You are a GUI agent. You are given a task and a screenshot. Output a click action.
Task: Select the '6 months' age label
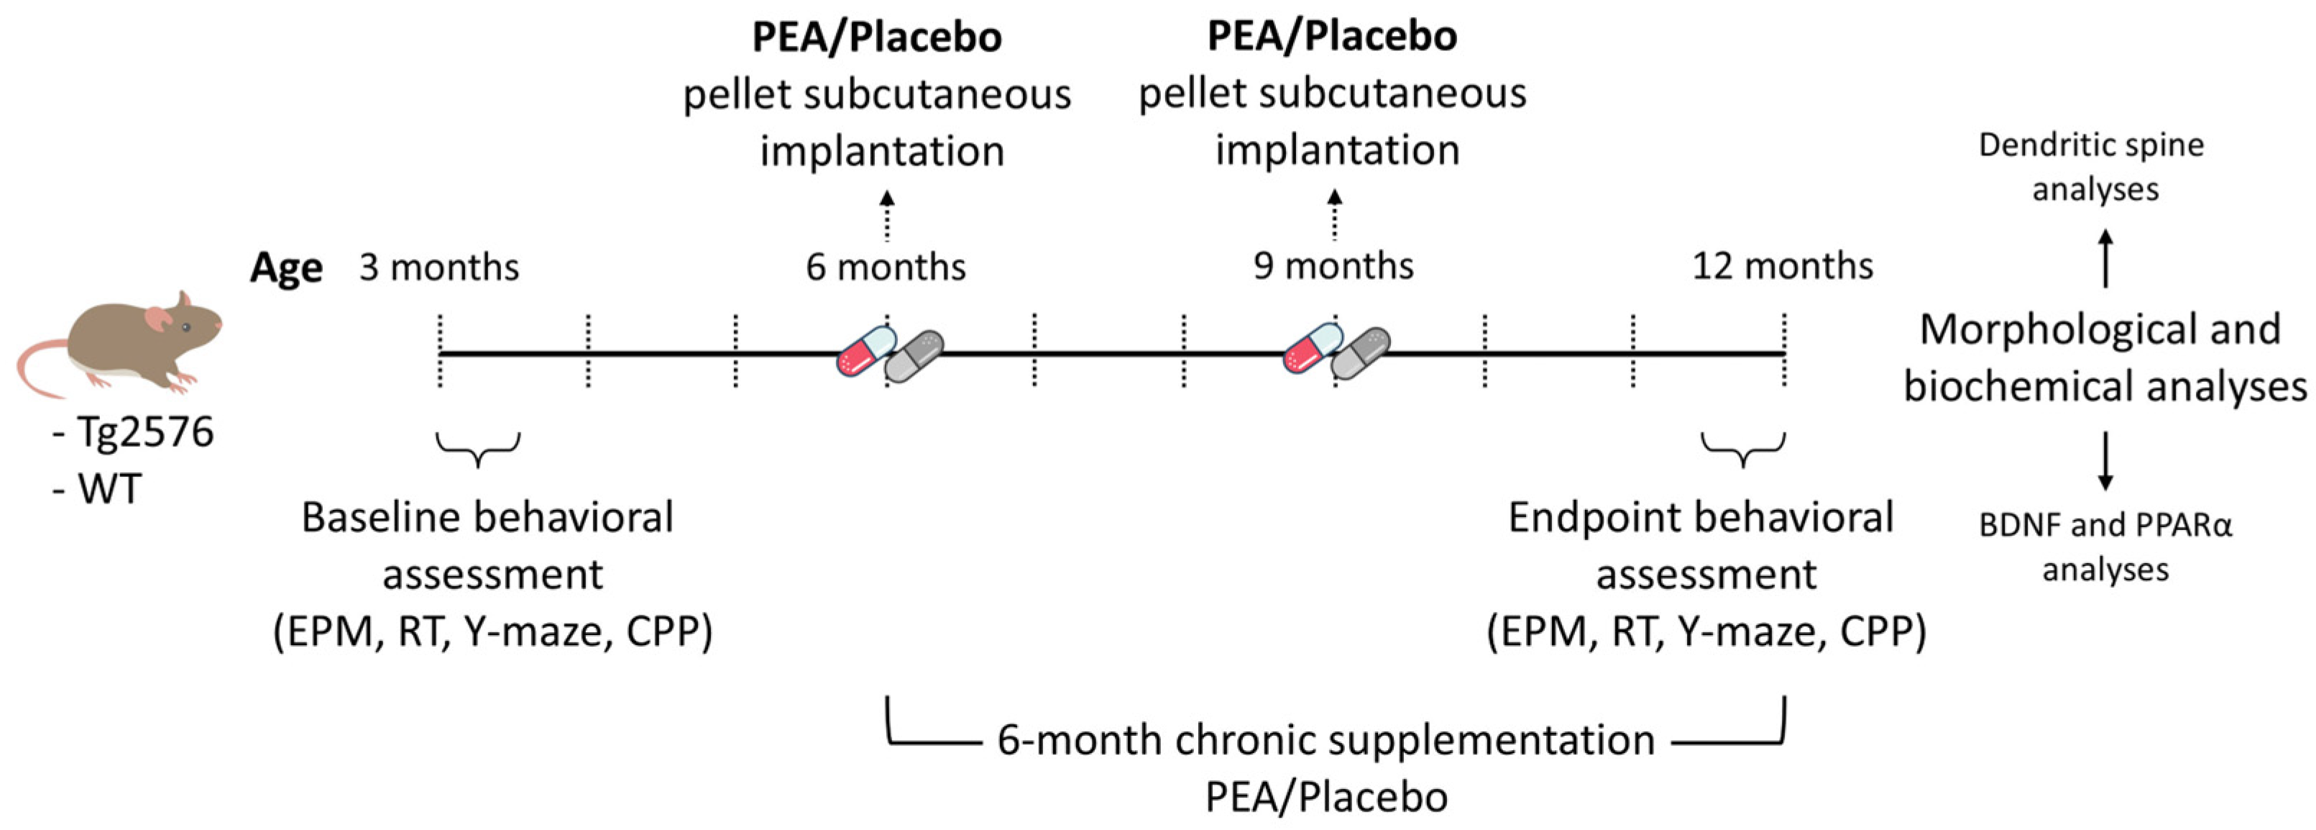(886, 267)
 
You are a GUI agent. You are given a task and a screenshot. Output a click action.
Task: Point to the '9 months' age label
(1333, 266)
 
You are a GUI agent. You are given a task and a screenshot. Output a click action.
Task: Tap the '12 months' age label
(1783, 266)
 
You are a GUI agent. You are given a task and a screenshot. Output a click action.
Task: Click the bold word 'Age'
(286, 268)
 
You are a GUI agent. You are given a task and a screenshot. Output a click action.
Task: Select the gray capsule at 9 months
(1360, 353)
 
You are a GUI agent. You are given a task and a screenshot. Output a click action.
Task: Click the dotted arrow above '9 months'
(1335, 215)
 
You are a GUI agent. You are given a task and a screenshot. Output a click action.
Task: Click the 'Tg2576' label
(144, 432)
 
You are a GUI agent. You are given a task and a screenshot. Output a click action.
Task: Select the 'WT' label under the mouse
(110, 490)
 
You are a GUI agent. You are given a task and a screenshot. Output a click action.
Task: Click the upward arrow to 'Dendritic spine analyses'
(2105, 259)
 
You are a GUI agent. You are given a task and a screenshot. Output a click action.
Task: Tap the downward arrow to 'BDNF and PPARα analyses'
(2105, 461)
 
